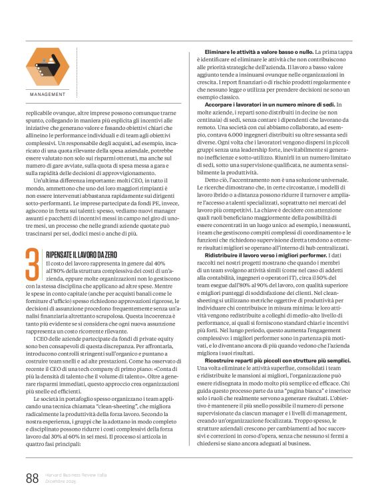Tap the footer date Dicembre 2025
[x=61, y=481]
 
